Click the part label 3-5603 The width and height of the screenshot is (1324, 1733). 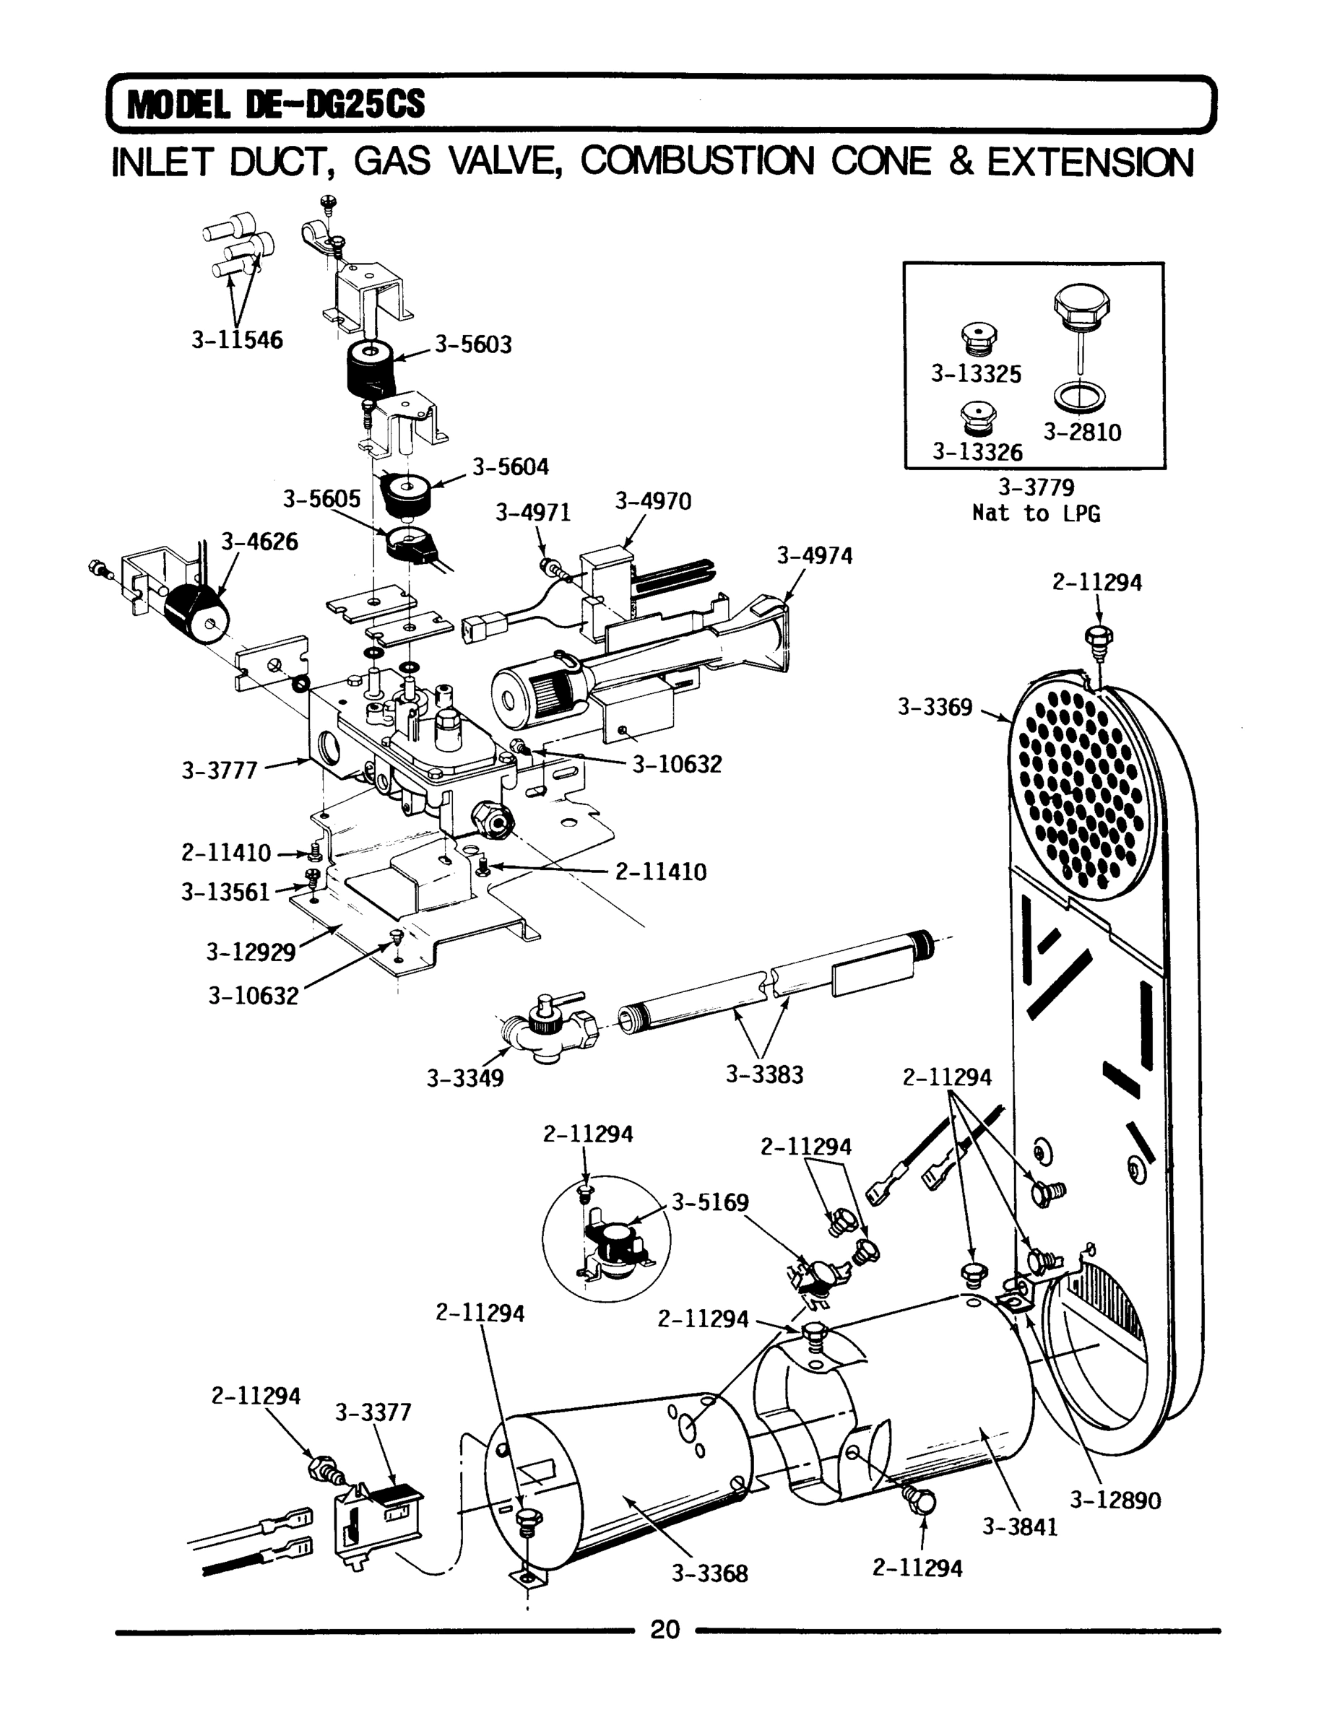(473, 344)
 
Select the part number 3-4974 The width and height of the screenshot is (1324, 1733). (814, 556)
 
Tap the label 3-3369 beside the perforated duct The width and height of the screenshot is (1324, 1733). (935, 707)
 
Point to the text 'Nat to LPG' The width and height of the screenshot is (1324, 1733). (1036, 513)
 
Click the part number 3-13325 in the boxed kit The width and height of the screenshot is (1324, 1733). (976, 373)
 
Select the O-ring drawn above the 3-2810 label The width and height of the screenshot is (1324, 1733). (1079, 396)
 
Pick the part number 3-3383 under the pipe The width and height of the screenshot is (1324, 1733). (763, 1074)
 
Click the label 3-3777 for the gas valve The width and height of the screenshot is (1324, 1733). (220, 770)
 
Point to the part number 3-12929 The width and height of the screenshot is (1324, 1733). (250, 952)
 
